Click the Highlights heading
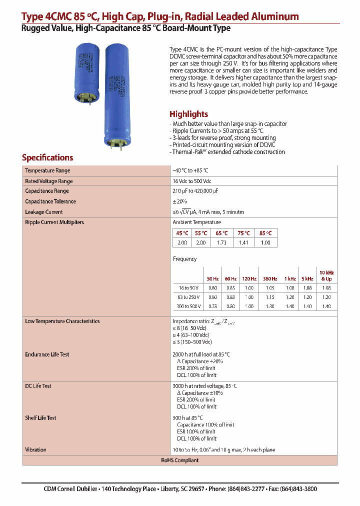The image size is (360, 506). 188,114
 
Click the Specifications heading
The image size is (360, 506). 47,157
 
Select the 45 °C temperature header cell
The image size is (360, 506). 182,233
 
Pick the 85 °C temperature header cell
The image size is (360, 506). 265,233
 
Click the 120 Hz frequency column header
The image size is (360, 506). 248,278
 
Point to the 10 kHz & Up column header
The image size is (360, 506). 326,275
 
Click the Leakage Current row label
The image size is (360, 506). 44,212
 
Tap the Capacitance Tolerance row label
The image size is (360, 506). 50,201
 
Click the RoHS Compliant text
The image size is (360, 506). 179,460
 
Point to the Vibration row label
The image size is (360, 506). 35,449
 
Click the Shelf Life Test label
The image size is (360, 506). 40,417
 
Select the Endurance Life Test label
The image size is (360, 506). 47,354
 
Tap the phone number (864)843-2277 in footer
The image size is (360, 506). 246,489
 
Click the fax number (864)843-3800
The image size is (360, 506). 298,489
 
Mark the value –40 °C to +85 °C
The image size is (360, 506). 190,170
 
